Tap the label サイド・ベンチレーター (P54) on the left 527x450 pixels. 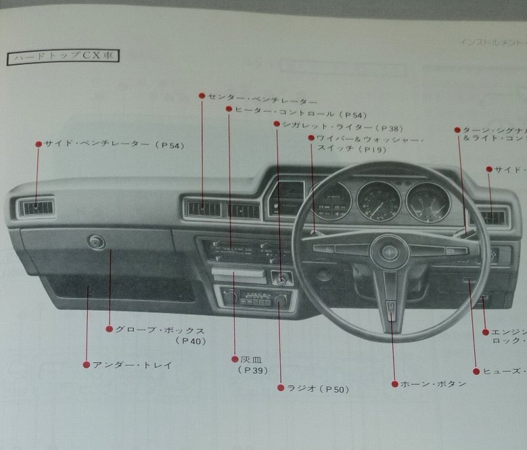(x=114, y=145)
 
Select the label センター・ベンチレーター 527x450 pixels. (x=257, y=97)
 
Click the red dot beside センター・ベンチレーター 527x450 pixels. (x=202, y=96)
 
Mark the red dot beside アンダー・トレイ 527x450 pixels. (x=86, y=365)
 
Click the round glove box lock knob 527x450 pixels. (x=97, y=242)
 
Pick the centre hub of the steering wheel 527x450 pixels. (x=390, y=253)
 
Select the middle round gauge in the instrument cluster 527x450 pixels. (x=379, y=201)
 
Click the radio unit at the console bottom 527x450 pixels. (x=255, y=298)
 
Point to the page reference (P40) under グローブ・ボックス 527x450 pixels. (x=190, y=341)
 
